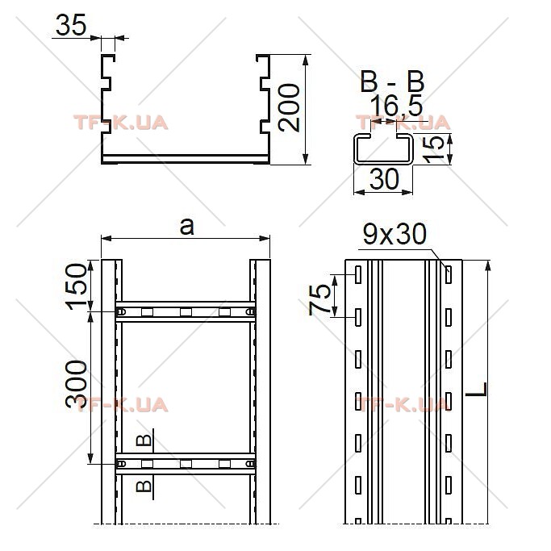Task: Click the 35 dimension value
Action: [71, 25]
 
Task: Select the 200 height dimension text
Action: [289, 108]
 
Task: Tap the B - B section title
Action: [393, 81]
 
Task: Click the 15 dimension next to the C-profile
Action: [433, 149]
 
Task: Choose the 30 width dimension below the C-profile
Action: [384, 178]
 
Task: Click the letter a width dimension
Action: [186, 227]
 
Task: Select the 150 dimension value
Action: [77, 286]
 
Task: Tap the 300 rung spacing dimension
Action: [77, 384]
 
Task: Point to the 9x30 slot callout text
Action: [394, 234]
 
